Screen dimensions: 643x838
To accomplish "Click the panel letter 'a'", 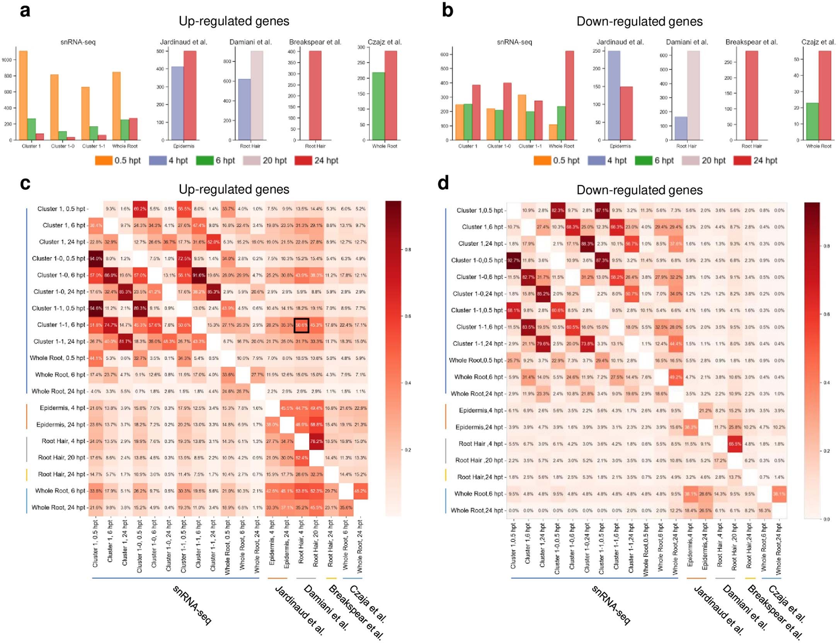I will [25, 10].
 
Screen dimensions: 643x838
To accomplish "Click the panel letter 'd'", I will [443, 183].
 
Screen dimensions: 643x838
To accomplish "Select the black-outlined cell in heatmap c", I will [301, 325].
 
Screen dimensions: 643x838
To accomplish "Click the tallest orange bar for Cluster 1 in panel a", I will [23, 95].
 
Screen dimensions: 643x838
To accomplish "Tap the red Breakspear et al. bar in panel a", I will [315, 95].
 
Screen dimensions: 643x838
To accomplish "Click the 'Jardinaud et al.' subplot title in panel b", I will [620, 42].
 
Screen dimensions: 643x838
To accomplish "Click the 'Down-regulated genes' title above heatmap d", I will [639, 190].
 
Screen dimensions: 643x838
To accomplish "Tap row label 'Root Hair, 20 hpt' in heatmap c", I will [62, 458].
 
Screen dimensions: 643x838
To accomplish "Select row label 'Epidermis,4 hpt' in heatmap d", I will [480, 410].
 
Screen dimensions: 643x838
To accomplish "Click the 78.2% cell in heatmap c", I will [316, 441].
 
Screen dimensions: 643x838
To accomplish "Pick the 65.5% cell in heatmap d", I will [734, 444].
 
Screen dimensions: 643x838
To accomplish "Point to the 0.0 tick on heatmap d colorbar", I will [826, 519].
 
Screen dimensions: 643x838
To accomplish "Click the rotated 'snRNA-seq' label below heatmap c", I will [192, 605].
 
